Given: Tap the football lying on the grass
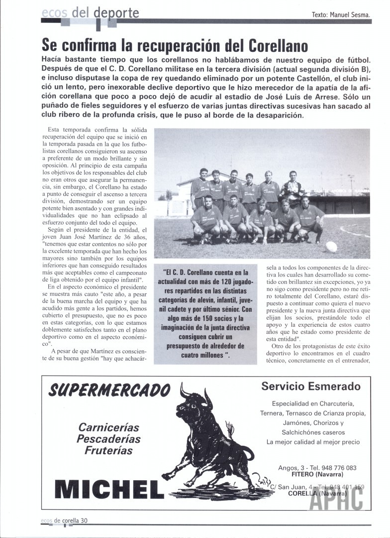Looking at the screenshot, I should pos(331,247).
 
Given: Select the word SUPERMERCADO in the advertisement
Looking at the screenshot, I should pos(109,389).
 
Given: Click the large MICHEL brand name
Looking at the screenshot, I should pos(107,488).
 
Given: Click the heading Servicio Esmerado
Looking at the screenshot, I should pos(311,386).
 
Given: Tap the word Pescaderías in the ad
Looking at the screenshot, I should pos(108,439).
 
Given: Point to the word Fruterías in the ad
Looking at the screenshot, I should pos(108,450).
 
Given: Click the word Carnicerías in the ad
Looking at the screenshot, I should pos(108,427).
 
